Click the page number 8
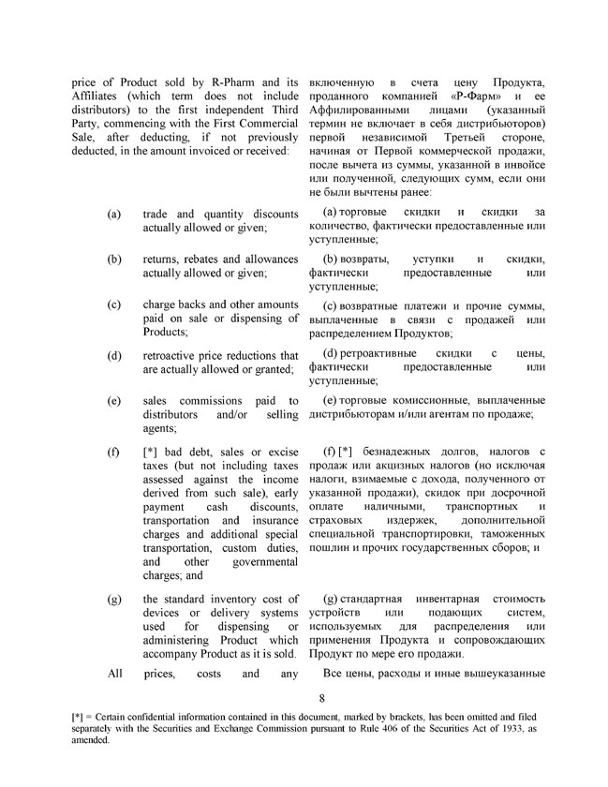click(320, 698)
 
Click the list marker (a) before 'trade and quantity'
click(114, 215)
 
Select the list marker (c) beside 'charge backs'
click(114, 305)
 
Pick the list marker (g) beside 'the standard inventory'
click(114, 598)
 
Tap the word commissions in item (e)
click(211, 401)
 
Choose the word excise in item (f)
click(278, 453)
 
